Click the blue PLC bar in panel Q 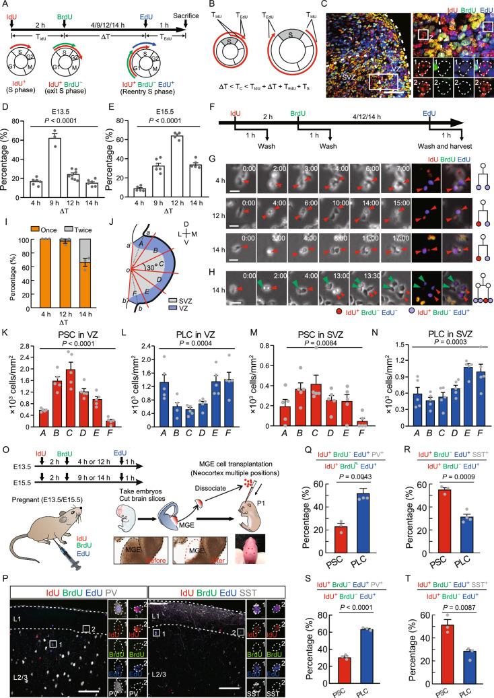point(345,522)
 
